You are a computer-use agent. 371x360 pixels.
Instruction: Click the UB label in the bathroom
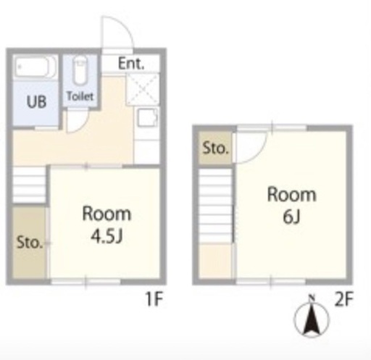(x=36, y=101)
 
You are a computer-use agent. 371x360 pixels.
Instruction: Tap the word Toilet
(x=80, y=96)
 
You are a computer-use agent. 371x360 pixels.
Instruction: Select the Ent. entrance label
(x=131, y=63)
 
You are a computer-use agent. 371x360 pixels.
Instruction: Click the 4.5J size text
(x=107, y=236)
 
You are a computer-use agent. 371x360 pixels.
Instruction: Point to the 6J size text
(x=291, y=217)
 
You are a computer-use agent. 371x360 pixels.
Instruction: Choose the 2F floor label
(x=344, y=299)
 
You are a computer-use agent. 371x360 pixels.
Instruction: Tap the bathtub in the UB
(x=36, y=67)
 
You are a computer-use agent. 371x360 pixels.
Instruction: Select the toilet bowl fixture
(x=80, y=70)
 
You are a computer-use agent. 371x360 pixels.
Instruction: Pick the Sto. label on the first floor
(x=30, y=243)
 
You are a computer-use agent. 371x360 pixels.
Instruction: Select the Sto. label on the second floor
(x=215, y=148)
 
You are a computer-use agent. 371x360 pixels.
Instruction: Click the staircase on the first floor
(x=29, y=185)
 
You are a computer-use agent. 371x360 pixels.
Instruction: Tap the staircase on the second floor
(x=215, y=206)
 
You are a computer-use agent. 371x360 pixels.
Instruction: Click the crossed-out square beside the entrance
(x=143, y=89)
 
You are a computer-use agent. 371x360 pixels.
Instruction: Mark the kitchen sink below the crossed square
(x=147, y=117)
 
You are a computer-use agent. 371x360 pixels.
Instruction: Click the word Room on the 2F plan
(x=291, y=195)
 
